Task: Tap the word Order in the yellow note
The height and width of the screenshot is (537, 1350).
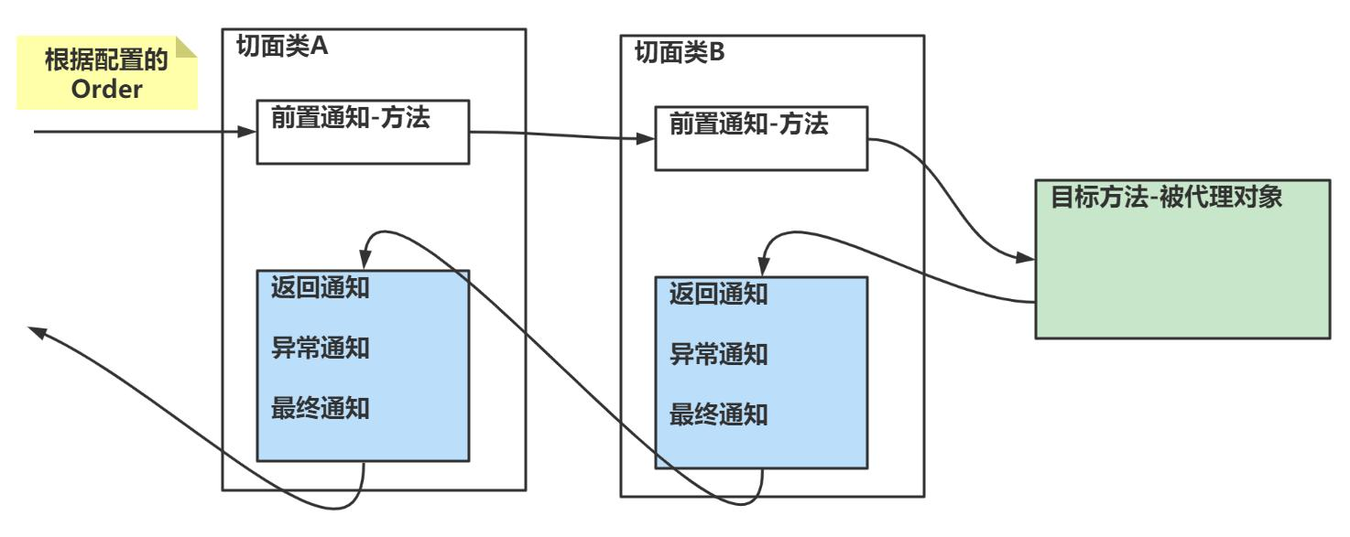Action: point(106,91)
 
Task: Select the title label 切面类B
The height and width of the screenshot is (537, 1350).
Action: point(679,52)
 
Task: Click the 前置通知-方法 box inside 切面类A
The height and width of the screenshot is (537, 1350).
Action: point(363,132)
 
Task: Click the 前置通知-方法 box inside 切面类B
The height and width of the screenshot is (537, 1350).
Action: point(760,138)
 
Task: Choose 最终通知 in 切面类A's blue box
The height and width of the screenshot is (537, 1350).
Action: point(321,408)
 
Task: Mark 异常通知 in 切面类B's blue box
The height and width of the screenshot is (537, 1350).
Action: point(718,354)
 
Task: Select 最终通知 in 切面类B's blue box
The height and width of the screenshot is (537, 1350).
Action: point(718,415)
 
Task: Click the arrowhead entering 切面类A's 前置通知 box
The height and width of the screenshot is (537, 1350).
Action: point(247,132)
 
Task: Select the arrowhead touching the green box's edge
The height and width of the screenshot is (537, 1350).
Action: point(1028,259)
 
